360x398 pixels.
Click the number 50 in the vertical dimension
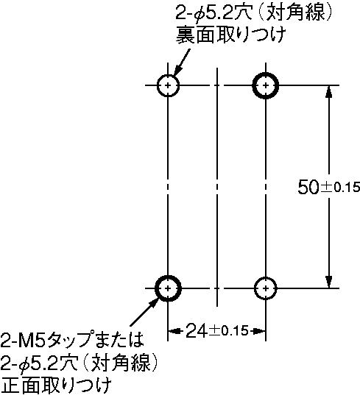(308, 188)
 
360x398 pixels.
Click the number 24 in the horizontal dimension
(197, 331)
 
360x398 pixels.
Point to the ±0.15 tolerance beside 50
(340, 188)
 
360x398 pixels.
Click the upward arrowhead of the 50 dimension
(329, 92)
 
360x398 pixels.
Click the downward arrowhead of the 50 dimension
(329, 281)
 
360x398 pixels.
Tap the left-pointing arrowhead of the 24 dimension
(174, 331)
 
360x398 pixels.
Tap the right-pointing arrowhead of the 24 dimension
(258, 331)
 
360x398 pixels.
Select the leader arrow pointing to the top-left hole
(182, 63)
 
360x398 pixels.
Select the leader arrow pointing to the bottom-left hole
(144, 312)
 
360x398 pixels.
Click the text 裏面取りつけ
(231, 35)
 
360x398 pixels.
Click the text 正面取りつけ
(57, 386)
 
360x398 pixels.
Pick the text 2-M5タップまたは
(72, 339)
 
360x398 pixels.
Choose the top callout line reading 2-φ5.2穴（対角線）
(254, 13)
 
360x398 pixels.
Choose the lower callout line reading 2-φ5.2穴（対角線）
(80, 363)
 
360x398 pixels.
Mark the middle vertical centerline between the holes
(217, 188)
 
